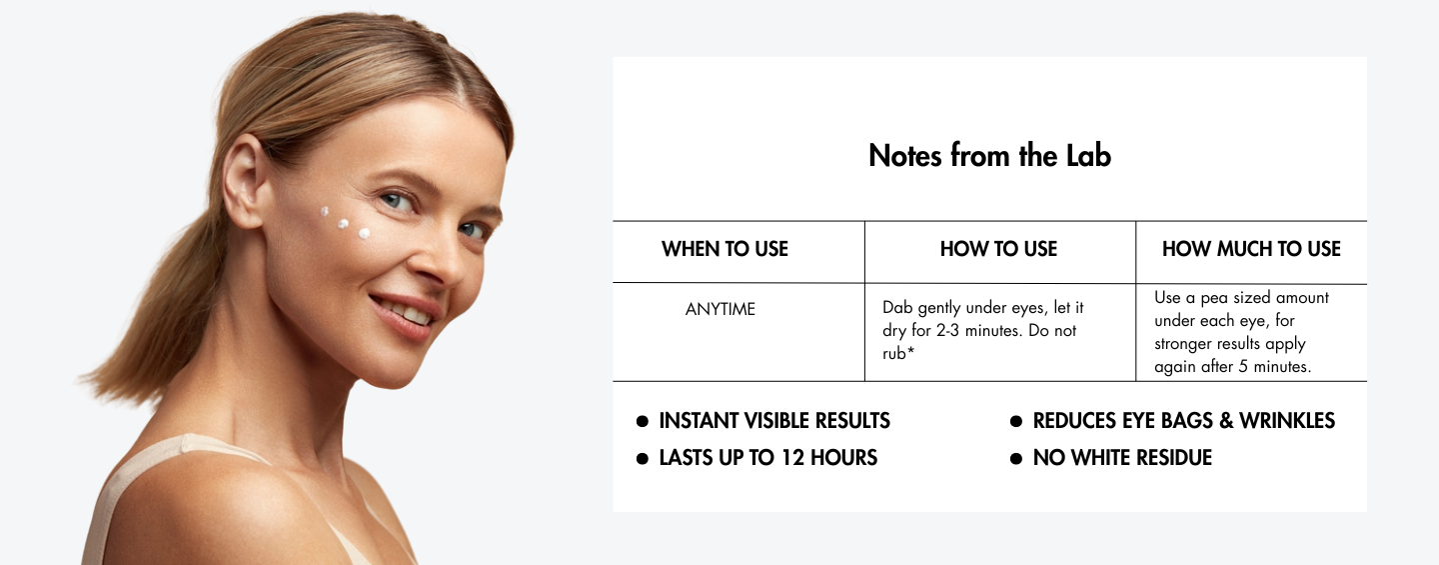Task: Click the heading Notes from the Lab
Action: [989, 156]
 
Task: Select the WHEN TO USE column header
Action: [724, 249]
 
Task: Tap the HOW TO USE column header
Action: [998, 249]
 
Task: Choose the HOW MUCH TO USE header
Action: [1251, 249]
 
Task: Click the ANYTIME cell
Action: [720, 309]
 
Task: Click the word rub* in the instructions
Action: [898, 353]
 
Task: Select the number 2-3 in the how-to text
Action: [948, 330]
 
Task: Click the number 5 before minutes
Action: [1243, 366]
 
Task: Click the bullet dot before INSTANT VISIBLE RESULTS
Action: [642, 421]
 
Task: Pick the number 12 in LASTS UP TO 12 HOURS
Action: [792, 458]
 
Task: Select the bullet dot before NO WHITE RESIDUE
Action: [1015, 458]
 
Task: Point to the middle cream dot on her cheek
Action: [343, 224]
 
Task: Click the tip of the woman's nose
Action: [458, 270]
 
